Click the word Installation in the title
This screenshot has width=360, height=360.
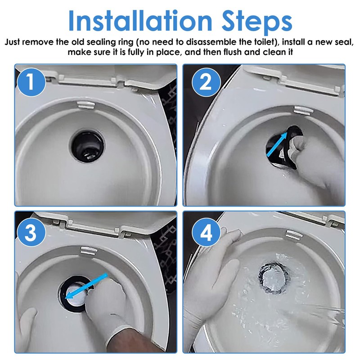pyautogui.click(x=140, y=21)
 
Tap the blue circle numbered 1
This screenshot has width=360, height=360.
pyautogui.click(x=31, y=82)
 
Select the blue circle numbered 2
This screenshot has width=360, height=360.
pyautogui.click(x=206, y=82)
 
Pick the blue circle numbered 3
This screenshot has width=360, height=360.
pyautogui.click(x=31, y=232)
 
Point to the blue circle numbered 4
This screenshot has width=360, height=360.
pyautogui.click(x=206, y=232)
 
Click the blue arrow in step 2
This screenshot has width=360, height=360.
pyautogui.click(x=277, y=144)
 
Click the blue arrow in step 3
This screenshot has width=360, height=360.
pyautogui.click(x=86, y=286)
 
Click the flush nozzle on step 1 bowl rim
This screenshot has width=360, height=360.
pyautogui.click(x=86, y=105)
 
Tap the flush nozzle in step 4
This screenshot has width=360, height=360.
pyautogui.click(x=294, y=235)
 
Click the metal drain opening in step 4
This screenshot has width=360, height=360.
pyautogui.click(x=273, y=278)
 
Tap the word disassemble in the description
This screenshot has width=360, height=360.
pyautogui.click(x=211, y=42)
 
